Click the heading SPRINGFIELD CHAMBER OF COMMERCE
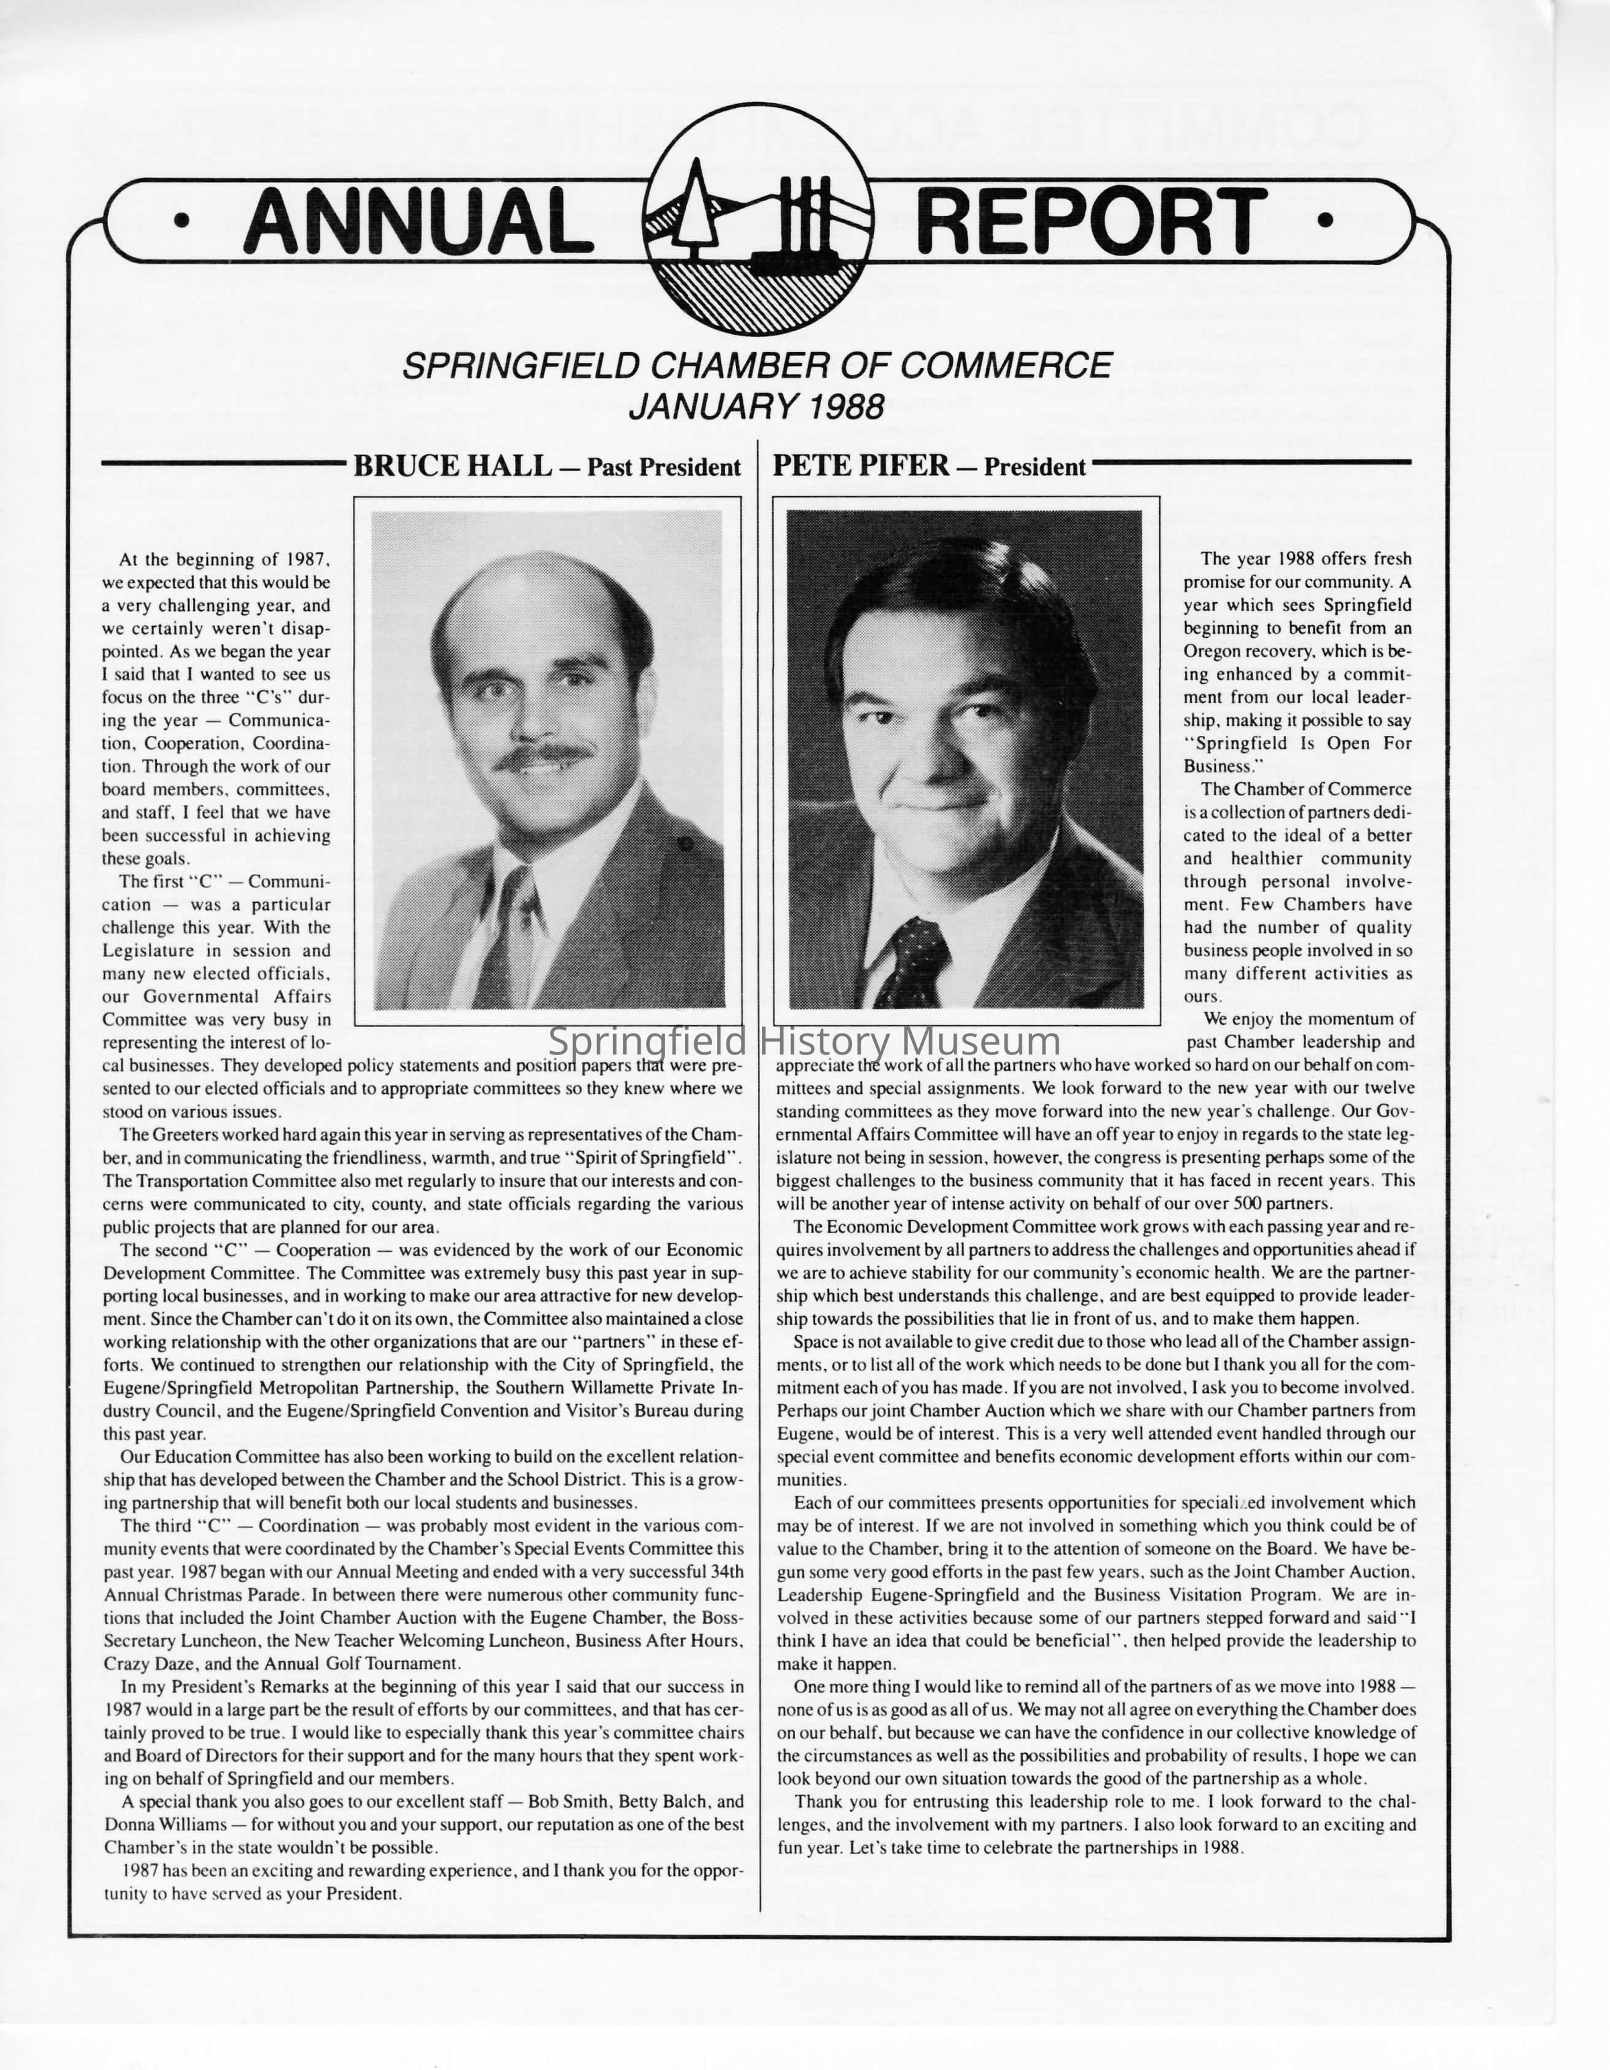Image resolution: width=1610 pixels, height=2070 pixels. pyautogui.click(x=756, y=365)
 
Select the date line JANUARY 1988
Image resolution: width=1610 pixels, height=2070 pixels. pyautogui.click(x=756, y=406)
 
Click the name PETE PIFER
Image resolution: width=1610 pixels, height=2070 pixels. pyautogui.click(x=861, y=466)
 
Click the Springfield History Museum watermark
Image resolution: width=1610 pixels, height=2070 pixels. pyautogui.click(x=804, y=1042)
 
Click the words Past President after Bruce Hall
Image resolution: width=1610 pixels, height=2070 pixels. pyautogui.click(x=663, y=468)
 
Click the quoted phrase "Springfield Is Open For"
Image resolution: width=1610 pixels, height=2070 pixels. pyautogui.click(x=1296, y=743)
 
